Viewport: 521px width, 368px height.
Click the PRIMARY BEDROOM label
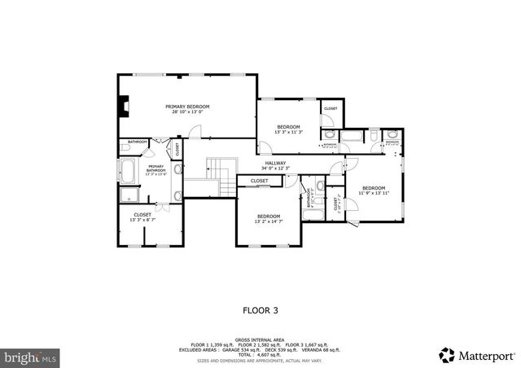[x=187, y=107]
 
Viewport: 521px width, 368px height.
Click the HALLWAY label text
[x=275, y=164]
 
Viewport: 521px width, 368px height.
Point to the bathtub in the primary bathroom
[x=129, y=172]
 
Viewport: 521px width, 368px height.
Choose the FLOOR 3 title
[x=260, y=309]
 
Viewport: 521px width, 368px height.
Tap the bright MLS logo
[x=31, y=357]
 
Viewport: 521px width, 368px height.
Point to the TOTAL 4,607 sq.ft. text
[x=260, y=354]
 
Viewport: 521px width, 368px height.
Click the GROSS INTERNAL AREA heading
[x=260, y=340]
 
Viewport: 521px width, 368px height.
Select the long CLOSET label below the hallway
[x=260, y=181]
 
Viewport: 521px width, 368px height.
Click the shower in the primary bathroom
[x=129, y=195]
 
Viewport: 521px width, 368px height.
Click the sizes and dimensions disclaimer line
[x=260, y=360]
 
